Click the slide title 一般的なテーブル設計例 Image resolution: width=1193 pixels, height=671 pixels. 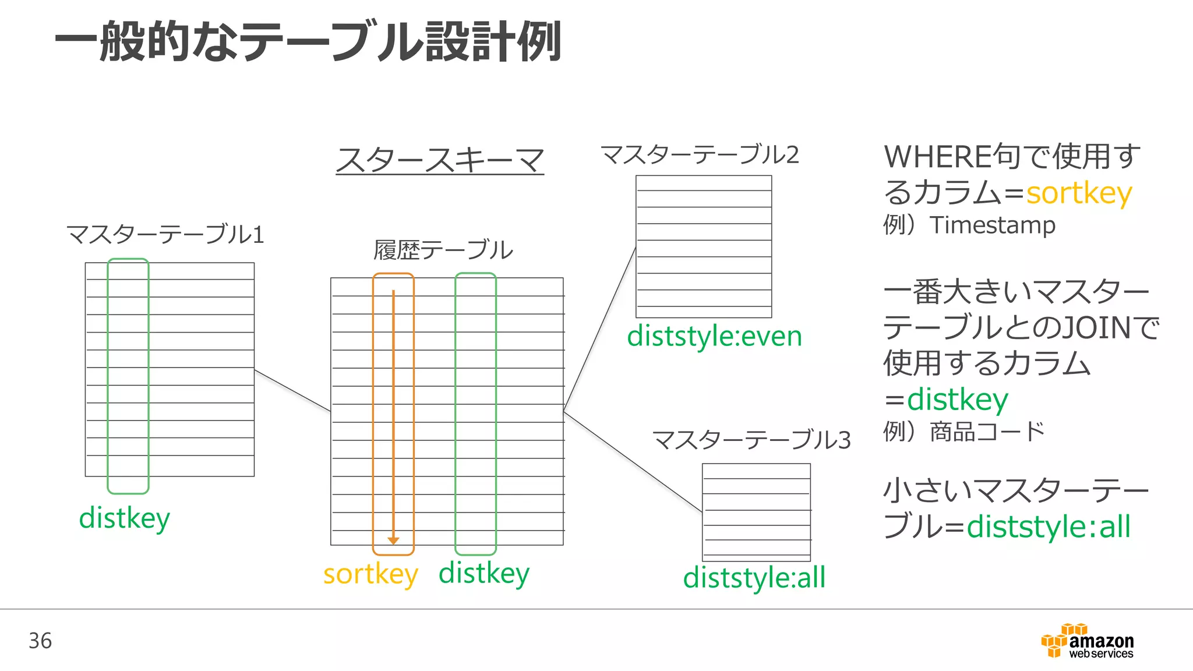click(308, 42)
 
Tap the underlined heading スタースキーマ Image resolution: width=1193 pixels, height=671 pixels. click(440, 160)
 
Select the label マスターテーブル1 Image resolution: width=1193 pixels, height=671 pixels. click(165, 235)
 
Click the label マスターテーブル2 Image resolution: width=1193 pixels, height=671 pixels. click(700, 155)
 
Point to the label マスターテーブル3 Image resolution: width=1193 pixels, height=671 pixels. click(751, 440)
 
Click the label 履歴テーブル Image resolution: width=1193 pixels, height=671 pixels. click(443, 250)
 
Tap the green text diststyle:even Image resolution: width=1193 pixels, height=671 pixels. click(714, 337)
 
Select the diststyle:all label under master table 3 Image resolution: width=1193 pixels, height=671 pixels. click(754, 578)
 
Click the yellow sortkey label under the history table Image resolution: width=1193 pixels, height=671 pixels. click(370, 574)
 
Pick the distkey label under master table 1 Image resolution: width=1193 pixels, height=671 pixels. click(124, 518)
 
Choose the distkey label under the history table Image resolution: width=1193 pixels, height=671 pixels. click(483, 573)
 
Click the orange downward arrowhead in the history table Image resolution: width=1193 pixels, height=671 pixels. click(393, 541)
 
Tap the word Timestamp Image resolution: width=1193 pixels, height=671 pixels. click(992, 225)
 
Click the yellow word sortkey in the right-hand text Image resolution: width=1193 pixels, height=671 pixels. click(1079, 193)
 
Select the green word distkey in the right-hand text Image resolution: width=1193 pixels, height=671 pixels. click(957, 400)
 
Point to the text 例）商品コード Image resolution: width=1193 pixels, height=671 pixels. click(964, 432)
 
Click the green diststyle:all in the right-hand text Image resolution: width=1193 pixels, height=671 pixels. click(1049, 527)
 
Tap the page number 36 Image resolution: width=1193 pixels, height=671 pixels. click(40, 641)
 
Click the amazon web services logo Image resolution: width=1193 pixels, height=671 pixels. click(1087, 641)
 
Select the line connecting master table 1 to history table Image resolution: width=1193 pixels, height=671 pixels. click(292, 391)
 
